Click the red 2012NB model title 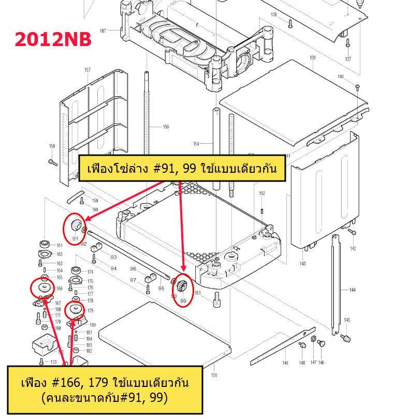[53, 40]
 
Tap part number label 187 [103, 31]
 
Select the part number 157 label [88, 70]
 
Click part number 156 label [166, 127]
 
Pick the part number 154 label [196, 144]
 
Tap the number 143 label [303, 264]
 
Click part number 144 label [353, 290]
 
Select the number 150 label [214, 375]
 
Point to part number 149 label [285, 363]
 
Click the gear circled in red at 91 [75, 226]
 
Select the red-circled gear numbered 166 [43, 288]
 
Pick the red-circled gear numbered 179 [76, 310]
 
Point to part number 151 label [197, 293]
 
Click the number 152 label [262, 193]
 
